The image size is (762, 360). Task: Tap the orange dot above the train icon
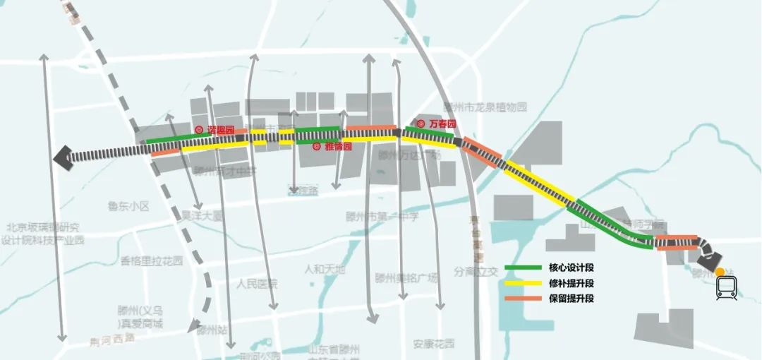coord(719,272)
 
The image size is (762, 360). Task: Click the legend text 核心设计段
coord(571,268)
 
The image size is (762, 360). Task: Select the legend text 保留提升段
coord(571,298)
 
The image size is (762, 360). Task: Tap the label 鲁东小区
coord(129,207)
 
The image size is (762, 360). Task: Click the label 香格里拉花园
coord(152,260)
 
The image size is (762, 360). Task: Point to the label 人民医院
coord(257,284)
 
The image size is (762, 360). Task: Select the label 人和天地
coord(325,269)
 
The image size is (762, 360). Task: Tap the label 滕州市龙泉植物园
coord(485,107)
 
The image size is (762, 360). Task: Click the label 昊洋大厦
coord(202,215)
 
